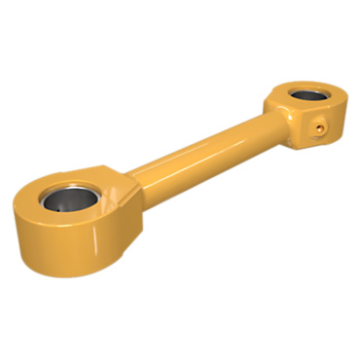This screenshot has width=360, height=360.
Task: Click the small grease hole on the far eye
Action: (x=321, y=126)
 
